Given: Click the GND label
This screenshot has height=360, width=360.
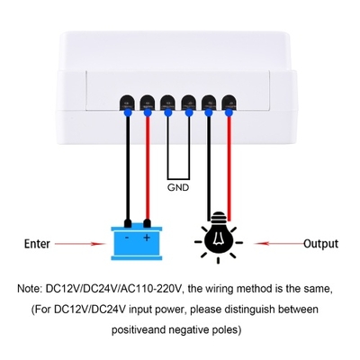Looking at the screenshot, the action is coord(178,188).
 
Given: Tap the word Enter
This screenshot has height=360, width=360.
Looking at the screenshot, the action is coord(37,244).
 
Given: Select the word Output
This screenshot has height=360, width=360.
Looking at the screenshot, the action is coord(320,244).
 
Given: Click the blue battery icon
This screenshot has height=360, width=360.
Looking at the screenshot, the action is coord(137,239).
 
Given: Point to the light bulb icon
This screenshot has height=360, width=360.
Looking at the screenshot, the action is coord(219,237).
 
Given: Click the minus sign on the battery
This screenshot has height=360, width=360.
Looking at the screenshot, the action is coord(127,238).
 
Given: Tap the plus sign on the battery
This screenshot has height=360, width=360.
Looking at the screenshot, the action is coord(147,238).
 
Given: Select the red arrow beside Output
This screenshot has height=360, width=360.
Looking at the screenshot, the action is coord(279,243).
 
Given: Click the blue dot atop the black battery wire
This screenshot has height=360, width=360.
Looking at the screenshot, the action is coord(128,112).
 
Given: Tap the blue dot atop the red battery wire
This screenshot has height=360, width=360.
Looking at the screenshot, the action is coord(148,112).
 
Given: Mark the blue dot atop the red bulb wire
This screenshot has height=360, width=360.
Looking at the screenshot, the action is coord(229,112).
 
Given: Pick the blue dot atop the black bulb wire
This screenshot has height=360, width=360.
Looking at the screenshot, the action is coord(209,112).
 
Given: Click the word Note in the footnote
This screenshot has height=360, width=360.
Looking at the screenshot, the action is coord(29,289).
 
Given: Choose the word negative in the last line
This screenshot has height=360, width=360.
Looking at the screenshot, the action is coord(190,329).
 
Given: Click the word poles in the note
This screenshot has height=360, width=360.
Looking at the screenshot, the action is coord(227,330).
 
